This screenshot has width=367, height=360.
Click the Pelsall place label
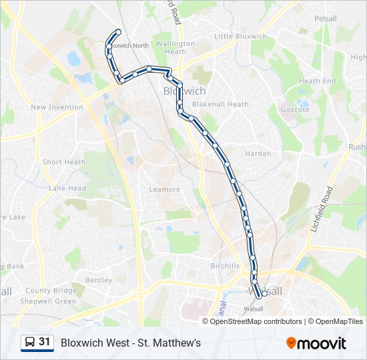click(x=326, y=18)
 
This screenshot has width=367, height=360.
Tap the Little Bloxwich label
click(x=241, y=37)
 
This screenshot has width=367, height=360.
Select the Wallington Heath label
click(x=175, y=47)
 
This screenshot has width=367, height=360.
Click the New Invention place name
click(x=57, y=107)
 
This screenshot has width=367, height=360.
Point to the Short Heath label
click(x=64, y=162)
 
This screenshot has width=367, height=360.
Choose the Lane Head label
click(x=67, y=189)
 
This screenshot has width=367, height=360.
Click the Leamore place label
click(x=165, y=189)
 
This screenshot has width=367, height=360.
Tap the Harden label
click(x=258, y=154)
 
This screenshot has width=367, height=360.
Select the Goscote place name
click(x=296, y=109)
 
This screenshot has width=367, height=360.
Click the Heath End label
click(x=318, y=81)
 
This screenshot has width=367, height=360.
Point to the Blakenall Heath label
click(x=220, y=105)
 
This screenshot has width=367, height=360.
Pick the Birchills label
click(x=225, y=266)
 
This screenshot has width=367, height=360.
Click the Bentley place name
click(x=99, y=281)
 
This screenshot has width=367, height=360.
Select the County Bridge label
click(x=51, y=291)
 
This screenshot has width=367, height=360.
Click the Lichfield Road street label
click(x=321, y=209)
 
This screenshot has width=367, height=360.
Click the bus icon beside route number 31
click(x=30, y=343)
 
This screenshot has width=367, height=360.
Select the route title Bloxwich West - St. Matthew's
click(x=131, y=343)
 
